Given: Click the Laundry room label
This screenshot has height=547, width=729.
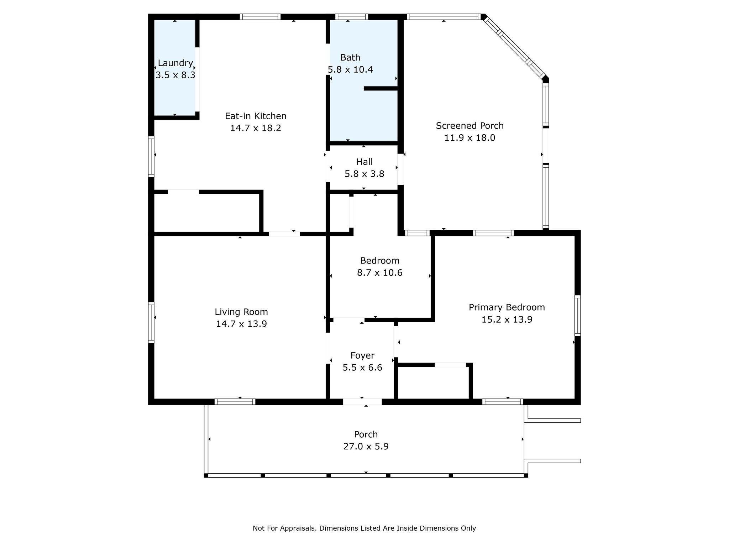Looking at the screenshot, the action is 175,63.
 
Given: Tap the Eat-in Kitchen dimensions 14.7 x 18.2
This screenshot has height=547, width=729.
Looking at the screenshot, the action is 256,128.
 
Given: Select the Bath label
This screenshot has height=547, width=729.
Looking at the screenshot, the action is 350,57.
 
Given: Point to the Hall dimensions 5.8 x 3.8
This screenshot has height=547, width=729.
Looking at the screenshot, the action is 364,174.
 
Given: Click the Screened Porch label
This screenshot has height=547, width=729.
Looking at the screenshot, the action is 470,126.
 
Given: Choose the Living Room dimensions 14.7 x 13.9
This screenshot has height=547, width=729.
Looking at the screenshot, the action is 241,324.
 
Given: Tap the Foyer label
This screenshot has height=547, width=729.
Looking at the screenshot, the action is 362,355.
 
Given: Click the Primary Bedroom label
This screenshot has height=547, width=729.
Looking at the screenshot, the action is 507,307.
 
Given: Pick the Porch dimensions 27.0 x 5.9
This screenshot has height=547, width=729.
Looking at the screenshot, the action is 366,447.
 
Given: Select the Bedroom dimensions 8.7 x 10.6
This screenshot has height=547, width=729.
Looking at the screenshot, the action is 380,273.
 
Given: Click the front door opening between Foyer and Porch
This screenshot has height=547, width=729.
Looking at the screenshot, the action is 362,402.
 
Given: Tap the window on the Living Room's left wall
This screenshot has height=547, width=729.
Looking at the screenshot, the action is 151,323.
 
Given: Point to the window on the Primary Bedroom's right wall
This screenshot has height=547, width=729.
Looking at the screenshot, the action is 578,316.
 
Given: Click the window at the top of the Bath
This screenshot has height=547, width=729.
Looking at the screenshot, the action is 352,17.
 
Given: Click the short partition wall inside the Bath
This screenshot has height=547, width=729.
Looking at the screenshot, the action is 381,88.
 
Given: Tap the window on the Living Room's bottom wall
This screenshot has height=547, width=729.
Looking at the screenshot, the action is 235,402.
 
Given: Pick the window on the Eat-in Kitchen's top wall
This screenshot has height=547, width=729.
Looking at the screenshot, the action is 260,17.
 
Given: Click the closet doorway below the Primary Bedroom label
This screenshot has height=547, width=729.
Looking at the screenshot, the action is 450,365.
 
